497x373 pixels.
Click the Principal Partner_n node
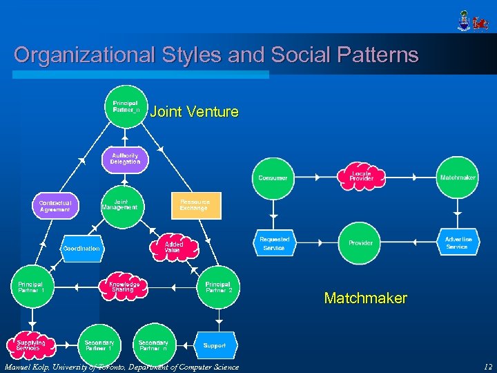pyautogui.click(x=125, y=107)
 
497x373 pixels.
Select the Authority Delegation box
pyautogui.click(x=125, y=159)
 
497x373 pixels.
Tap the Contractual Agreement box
pyautogui.click(x=55, y=206)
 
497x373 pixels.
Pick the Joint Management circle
pyautogui.click(x=120, y=204)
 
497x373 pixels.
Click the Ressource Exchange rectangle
pyautogui.click(x=196, y=205)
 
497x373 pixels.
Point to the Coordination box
pyautogui.click(x=81, y=248)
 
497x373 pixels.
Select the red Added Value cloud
pyautogui.click(x=173, y=247)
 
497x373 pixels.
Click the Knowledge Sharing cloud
pyautogui.click(x=124, y=287)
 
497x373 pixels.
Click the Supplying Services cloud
pyautogui.click(x=31, y=345)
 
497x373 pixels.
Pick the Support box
pyautogui.click(x=215, y=345)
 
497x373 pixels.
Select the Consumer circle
pyautogui.click(x=273, y=178)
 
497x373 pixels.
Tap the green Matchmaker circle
pyautogui.click(x=458, y=178)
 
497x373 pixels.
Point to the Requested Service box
pyautogui.click(x=274, y=243)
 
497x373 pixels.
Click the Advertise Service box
pyautogui.click(x=458, y=243)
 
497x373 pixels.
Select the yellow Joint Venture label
pyautogui.click(x=195, y=111)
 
